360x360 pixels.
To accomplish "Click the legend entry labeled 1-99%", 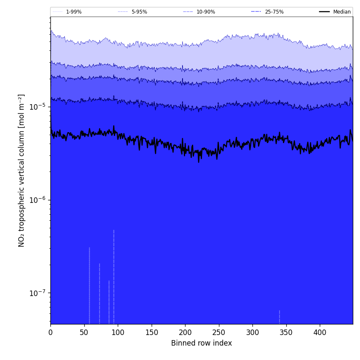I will coord(73,12).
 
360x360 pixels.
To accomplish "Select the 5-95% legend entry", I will coord(139,12).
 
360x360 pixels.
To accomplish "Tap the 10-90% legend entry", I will coord(205,12).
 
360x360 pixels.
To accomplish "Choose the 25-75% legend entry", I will coord(274,12).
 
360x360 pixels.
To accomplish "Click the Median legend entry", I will coord(342,12).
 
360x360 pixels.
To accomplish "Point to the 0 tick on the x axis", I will coord(50,332).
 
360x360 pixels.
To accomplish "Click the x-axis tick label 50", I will coord(84,332).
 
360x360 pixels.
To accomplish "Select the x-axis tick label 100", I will coord(118,332).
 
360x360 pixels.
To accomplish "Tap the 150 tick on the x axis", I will coord(152,332).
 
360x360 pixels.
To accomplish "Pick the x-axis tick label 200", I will coord(185,332).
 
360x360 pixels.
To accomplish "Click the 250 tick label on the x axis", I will coord(219,332).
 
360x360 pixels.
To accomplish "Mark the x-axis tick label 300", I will coord(252,332).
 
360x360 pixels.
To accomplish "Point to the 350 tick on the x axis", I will coord(286,332).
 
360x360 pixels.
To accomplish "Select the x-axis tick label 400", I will coord(320,332).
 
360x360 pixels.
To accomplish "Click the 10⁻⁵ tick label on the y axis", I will coord(38,107).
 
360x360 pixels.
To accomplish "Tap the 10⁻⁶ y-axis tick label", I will coord(38,200).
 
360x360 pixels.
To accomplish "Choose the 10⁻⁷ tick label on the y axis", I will coord(38,293).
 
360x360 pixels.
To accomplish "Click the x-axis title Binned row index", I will coord(202,343).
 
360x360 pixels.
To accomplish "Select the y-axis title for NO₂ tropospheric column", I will coord(22,170).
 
